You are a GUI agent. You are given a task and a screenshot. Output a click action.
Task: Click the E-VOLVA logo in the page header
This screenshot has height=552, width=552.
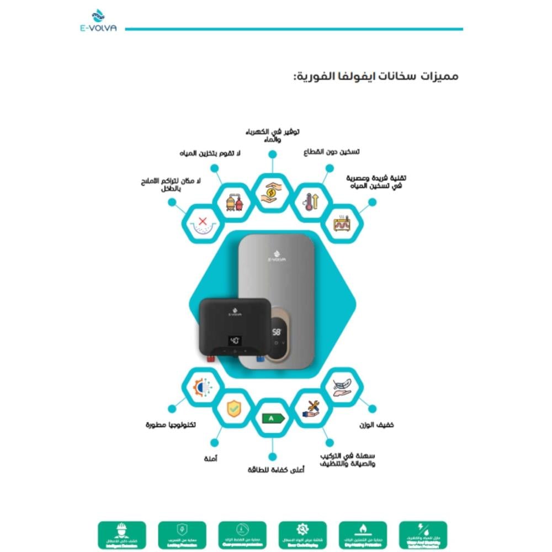click(98, 22)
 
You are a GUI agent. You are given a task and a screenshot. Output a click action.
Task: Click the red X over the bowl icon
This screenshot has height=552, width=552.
click(202, 224)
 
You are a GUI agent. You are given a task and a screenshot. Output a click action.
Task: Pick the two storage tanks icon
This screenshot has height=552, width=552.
click(233, 202)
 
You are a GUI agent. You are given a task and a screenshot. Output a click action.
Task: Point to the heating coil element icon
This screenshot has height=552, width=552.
click(342, 224)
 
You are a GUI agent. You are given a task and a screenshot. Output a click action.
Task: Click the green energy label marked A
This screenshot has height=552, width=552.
click(272, 418)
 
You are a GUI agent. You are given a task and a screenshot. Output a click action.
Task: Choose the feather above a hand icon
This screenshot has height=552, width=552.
click(342, 387)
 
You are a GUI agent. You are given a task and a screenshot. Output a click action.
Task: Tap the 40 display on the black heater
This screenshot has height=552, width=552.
click(234, 340)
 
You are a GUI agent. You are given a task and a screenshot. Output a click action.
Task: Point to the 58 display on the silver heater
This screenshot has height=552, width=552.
click(276, 332)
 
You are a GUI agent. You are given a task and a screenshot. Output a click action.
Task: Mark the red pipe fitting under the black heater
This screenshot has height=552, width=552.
click(210, 359)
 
